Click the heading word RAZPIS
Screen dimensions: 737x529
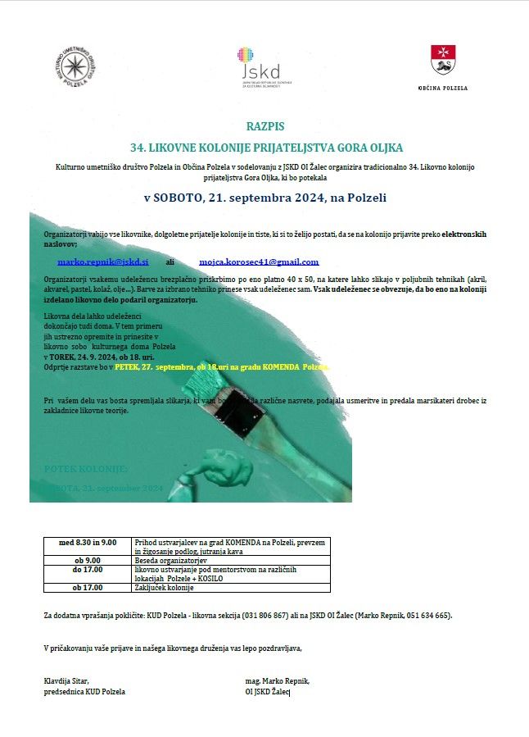pos(264,126)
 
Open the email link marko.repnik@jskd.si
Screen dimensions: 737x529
pos(102,262)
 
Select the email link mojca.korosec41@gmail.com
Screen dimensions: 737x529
pos(259,262)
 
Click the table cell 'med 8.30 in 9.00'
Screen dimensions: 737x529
pos(88,543)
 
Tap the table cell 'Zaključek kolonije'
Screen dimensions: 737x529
pos(163,587)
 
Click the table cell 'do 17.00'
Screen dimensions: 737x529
pos(88,569)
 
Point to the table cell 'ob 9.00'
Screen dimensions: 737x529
pos(88,561)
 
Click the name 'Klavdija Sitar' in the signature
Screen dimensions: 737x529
pos(66,680)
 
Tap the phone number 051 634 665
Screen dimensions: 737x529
pos(427,615)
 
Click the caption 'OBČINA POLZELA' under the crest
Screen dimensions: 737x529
pos(443,87)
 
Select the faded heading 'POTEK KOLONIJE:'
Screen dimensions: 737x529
pos(85,468)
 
